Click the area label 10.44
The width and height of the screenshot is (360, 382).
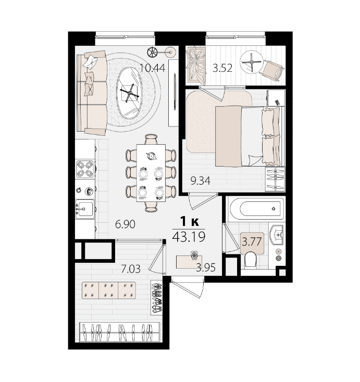click(153, 68)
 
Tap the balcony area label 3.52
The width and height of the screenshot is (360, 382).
click(222, 68)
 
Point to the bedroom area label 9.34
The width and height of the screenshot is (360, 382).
click(201, 181)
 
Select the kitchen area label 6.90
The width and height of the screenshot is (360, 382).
click(125, 224)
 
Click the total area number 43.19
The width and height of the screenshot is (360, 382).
click(189, 237)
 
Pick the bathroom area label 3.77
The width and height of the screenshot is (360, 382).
click(252, 242)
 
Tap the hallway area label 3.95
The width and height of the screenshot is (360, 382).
click(206, 268)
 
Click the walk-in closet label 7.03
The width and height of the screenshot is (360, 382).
click(131, 269)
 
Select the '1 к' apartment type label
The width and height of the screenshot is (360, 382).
click(189, 222)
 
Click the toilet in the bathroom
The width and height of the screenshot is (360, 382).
click(250, 260)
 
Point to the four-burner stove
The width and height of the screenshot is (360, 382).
click(85, 169)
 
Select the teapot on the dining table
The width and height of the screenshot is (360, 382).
click(151, 156)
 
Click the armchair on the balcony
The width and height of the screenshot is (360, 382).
click(272, 70)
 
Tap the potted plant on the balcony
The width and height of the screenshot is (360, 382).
click(196, 65)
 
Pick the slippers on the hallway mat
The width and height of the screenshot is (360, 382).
click(194, 256)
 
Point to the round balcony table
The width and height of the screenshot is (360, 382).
click(252, 62)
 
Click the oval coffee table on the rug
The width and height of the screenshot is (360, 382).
click(130, 93)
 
